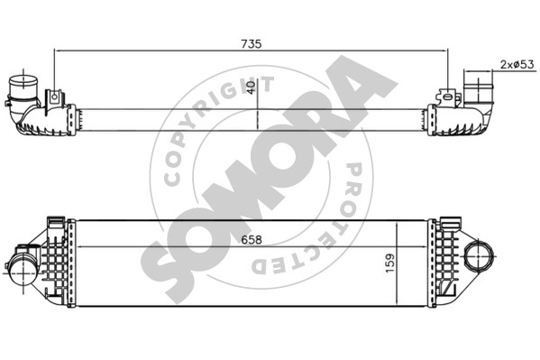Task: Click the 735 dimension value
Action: [x=252, y=44]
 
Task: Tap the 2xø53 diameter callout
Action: [x=517, y=64]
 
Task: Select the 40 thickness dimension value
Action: [x=252, y=88]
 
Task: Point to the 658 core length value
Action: [x=252, y=240]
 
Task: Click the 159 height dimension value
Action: [x=389, y=263]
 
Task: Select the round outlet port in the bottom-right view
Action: [x=479, y=256]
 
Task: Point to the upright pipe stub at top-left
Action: [x=23, y=87]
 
